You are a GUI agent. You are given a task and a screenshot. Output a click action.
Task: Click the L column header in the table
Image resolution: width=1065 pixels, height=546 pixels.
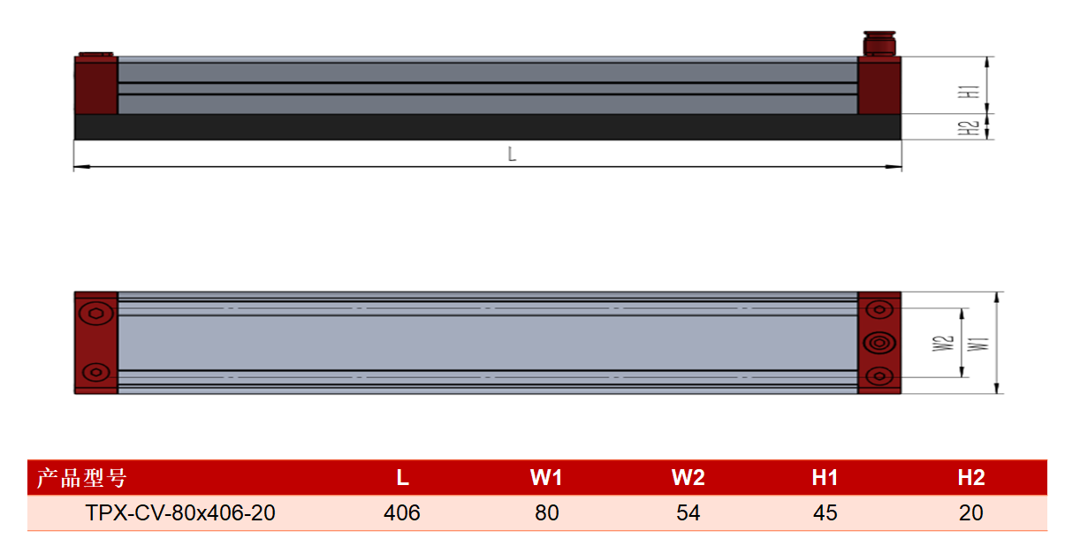(x=402, y=478)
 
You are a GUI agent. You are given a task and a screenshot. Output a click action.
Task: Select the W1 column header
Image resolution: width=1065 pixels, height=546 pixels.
(x=546, y=478)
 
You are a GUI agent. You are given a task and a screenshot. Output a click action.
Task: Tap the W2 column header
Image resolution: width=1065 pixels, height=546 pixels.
(x=688, y=478)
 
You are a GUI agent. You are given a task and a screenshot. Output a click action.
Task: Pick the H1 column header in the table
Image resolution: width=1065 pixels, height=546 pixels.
(x=825, y=478)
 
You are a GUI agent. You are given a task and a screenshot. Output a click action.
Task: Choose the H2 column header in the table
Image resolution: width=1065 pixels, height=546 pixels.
(x=970, y=478)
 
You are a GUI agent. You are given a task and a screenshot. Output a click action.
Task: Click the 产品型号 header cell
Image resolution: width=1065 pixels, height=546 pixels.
(x=82, y=478)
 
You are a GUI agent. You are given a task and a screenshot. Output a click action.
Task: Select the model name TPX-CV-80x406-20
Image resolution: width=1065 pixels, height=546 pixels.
(x=180, y=513)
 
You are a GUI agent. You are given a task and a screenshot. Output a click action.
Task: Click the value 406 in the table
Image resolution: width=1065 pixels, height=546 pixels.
(x=402, y=513)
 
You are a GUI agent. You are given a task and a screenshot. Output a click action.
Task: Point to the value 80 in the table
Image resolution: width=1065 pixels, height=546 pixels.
(x=547, y=513)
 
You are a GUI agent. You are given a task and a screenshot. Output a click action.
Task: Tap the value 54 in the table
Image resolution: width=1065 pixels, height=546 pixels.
(x=688, y=513)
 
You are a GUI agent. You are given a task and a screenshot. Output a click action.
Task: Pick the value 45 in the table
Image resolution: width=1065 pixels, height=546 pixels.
(x=825, y=513)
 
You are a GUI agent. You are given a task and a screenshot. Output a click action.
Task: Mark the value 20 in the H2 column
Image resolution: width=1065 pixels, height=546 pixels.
(x=970, y=513)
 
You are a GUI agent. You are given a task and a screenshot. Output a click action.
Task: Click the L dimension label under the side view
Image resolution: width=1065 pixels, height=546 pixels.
(x=512, y=155)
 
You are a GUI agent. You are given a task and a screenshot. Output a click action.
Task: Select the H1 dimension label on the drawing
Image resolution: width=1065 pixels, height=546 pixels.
(x=969, y=92)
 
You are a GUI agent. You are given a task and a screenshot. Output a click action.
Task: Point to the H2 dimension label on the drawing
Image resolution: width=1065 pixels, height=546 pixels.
(x=969, y=128)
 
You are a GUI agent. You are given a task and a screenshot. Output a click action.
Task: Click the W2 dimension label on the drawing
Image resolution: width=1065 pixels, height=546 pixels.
(x=943, y=344)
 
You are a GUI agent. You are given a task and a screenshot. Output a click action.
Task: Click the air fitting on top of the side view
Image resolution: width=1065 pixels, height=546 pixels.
(x=879, y=43)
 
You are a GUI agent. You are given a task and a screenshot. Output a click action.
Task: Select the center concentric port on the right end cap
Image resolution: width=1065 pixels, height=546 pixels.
(x=879, y=343)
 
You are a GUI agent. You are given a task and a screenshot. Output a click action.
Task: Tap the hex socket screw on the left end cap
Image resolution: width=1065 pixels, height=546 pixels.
(x=96, y=314)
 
